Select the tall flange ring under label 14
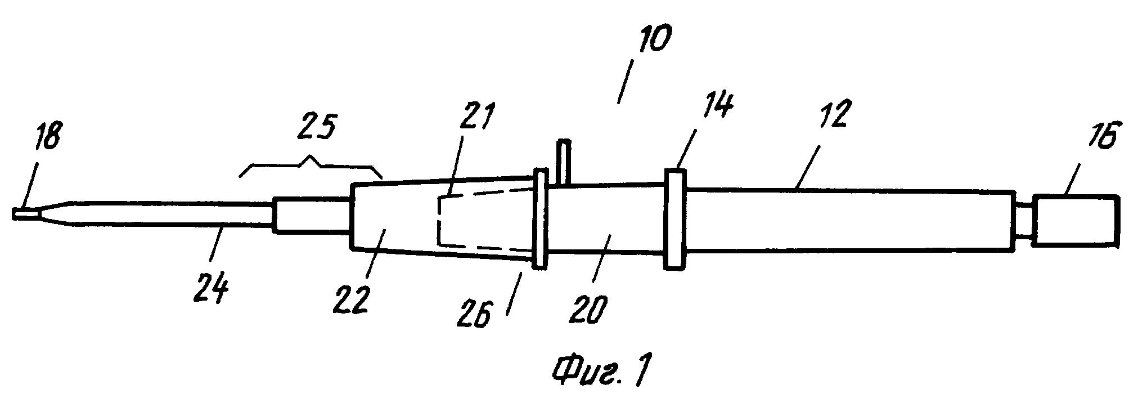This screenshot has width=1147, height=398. [675, 219]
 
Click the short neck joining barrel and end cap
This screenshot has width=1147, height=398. [1023, 220]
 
